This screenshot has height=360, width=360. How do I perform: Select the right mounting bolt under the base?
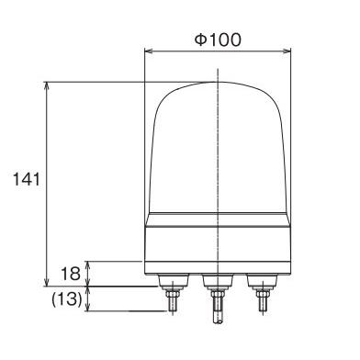click(263, 292)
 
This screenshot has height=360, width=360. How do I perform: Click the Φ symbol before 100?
click(200, 40)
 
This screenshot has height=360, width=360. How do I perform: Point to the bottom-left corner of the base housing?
click(147, 272)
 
